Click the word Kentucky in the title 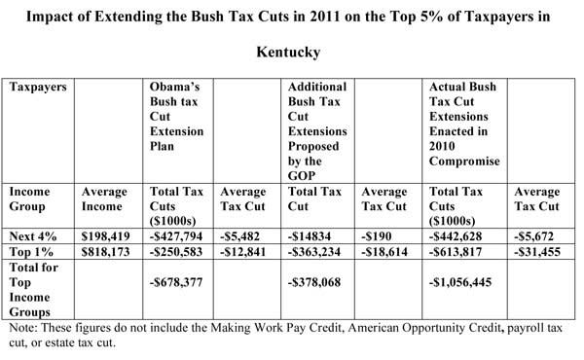(x=288, y=52)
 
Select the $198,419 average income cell (x=106, y=236)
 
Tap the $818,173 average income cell (x=106, y=252)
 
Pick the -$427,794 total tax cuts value (x=176, y=236)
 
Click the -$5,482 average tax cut (x=239, y=236)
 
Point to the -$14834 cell (x=310, y=236)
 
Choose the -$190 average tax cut (x=376, y=236)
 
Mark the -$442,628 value (x=456, y=236)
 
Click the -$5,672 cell (x=533, y=236)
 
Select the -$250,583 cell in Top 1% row (x=176, y=252)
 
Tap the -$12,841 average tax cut (x=242, y=252)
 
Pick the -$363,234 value (x=314, y=252)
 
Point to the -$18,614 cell (x=384, y=252)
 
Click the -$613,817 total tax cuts (x=456, y=252)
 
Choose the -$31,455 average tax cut (x=537, y=252)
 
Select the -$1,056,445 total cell (x=460, y=282)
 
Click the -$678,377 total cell (x=176, y=282)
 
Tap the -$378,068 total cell (x=314, y=282)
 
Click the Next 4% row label (x=33, y=236)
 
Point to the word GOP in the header (x=302, y=175)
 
